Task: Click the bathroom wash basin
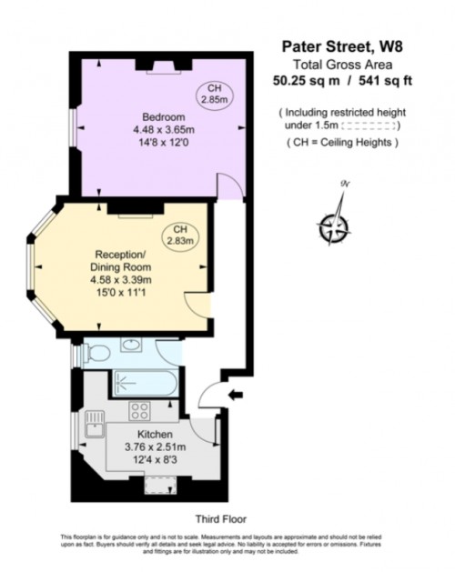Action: tap(131, 346)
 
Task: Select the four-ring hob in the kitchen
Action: tap(140, 408)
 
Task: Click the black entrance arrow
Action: tap(238, 395)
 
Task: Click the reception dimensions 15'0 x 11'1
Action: tap(121, 293)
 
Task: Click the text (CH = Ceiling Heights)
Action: tap(338, 144)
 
